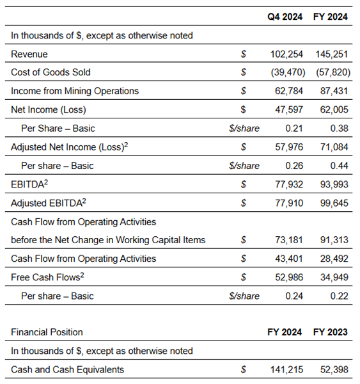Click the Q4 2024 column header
285,17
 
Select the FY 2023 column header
331,332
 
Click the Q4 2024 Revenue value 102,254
286,54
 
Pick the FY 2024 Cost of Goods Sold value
333,72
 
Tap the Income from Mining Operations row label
75,91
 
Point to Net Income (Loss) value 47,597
289,109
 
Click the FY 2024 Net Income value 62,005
334,109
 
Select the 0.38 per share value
339,129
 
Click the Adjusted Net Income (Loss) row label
70,147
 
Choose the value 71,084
334,147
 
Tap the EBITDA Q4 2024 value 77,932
289,184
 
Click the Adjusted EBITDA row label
49,203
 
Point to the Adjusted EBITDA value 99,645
334,203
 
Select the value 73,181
289,240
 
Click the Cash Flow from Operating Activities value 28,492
334,259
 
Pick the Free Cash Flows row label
47,277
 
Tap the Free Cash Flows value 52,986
289,277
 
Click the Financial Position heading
47,332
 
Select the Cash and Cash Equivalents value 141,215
286,369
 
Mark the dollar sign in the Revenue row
243,54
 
